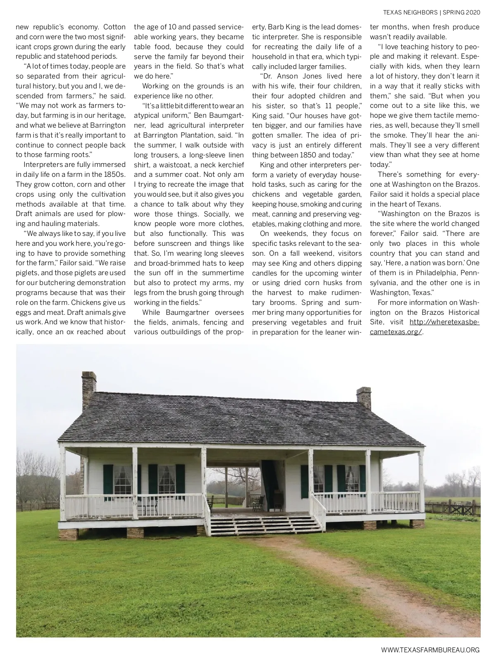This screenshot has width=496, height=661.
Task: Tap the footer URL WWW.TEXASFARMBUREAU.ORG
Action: (x=430, y=650)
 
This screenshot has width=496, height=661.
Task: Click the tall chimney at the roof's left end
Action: (x=89, y=388)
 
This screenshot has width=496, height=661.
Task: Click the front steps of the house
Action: (x=265, y=523)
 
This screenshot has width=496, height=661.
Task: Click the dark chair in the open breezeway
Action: (x=258, y=502)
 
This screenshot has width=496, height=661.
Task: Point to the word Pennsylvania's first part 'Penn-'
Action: (x=467, y=273)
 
